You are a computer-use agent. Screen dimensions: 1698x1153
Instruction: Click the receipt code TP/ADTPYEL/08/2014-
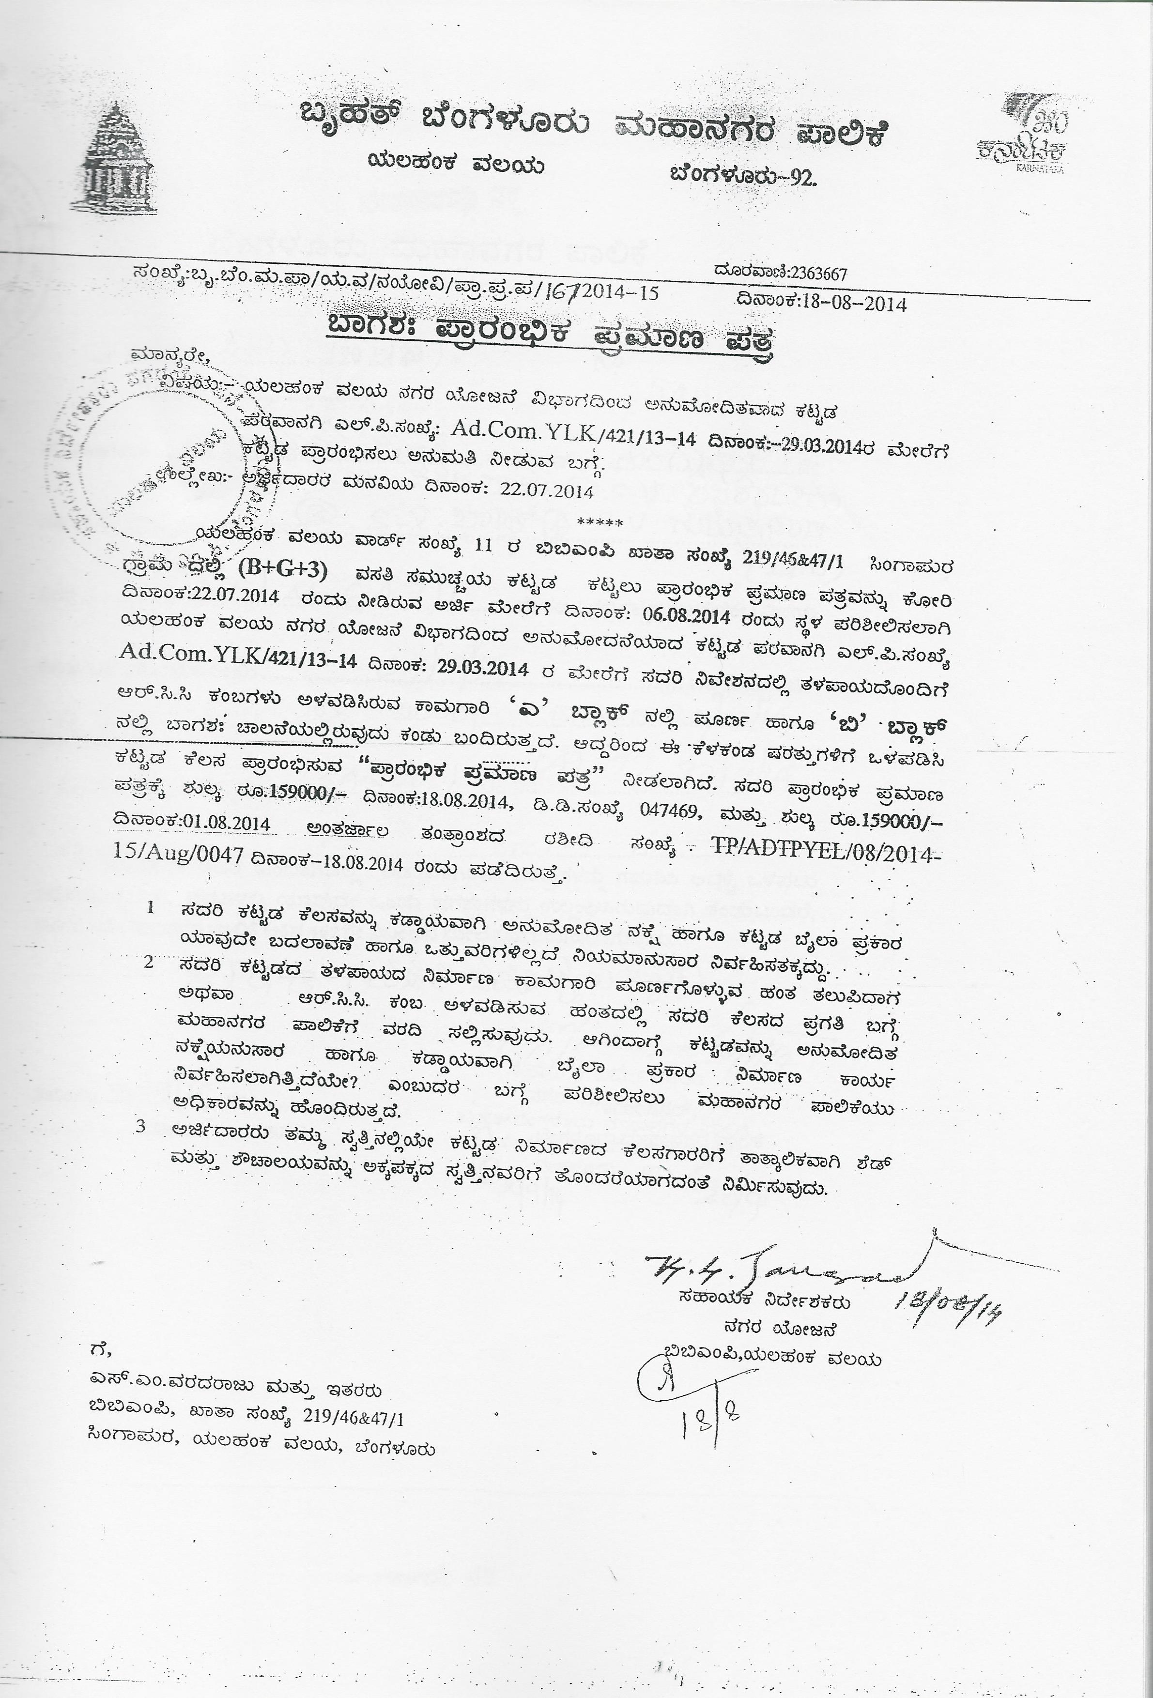(x=821, y=852)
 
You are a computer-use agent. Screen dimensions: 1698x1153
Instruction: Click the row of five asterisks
(x=600, y=523)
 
